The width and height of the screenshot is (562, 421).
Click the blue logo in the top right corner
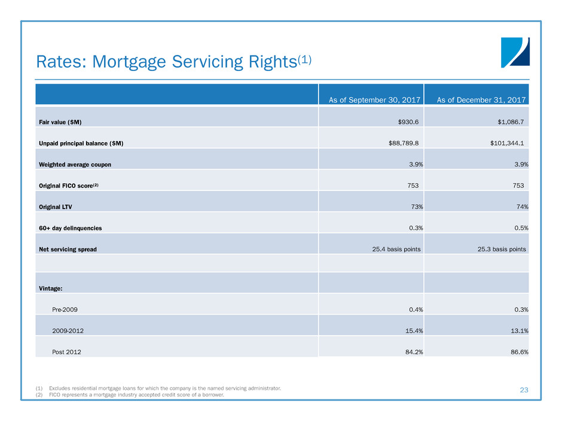(515, 53)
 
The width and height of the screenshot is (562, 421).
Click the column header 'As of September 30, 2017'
(374, 100)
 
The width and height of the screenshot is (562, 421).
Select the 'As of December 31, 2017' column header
(481, 100)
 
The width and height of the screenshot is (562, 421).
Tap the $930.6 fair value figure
(408, 122)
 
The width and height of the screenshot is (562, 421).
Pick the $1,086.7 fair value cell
(511, 122)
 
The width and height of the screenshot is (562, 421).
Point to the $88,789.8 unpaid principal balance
(403, 143)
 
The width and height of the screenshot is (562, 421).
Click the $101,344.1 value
(507, 143)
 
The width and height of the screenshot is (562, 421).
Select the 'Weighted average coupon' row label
(75, 165)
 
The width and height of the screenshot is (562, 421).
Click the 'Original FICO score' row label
(69, 186)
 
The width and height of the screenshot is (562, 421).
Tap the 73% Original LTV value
(417, 207)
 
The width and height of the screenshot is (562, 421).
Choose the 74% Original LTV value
(522, 207)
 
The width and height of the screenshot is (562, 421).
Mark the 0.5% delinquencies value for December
(521, 228)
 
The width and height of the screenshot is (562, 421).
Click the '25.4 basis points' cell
(396, 249)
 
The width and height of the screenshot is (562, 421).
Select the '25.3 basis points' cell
(502, 249)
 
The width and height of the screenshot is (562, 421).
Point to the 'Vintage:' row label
(51, 288)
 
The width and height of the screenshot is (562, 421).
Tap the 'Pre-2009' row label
(65, 310)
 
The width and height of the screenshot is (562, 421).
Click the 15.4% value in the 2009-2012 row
(414, 331)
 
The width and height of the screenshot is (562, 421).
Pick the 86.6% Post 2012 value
(520, 352)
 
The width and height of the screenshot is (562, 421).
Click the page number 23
(524, 390)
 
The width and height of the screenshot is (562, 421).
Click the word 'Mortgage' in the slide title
(129, 62)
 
